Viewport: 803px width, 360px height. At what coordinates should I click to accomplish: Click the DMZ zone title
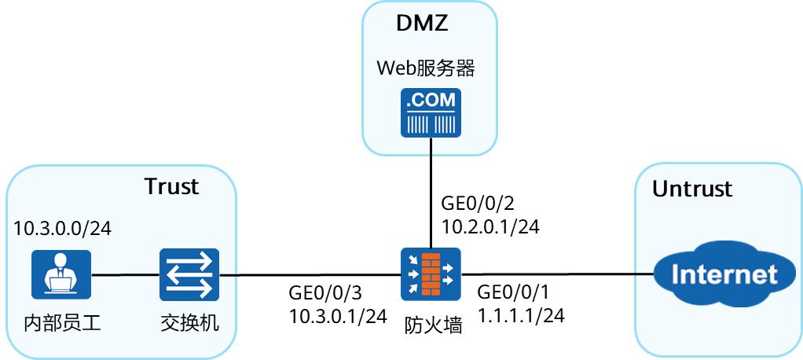pos(422,23)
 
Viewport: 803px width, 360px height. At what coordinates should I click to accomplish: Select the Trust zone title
pos(171,186)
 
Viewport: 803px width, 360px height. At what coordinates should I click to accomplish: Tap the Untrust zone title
pos(692,189)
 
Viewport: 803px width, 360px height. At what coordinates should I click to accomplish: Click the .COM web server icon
pos(431,113)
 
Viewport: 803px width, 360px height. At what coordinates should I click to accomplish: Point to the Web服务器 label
pos(426,68)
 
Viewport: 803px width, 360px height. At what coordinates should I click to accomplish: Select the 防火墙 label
pos(431,324)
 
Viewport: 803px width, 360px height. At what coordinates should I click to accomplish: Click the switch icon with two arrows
pos(189,275)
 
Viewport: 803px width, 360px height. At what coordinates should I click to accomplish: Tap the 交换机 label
pos(189,323)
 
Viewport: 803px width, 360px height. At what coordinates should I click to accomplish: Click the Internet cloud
pos(715,275)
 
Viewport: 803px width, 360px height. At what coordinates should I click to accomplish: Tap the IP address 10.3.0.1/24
pos(338,316)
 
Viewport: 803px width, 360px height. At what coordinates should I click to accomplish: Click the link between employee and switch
pos(125,275)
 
